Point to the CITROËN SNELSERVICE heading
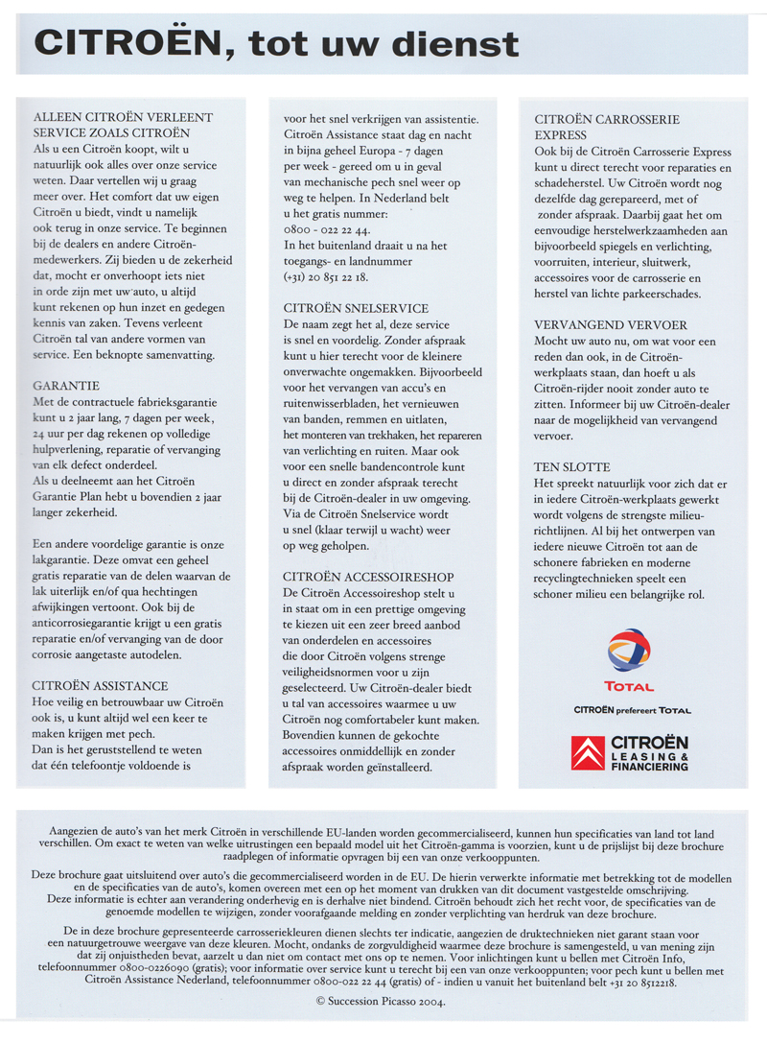(x=355, y=309)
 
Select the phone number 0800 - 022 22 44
(x=329, y=231)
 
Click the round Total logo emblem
(x=628, y=650)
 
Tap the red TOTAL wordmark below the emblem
(x=629, y=687)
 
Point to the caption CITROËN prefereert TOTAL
(x=631, y=710)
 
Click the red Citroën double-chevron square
(x=589, y=753)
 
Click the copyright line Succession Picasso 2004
(x=383, y=1001)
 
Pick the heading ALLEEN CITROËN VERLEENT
(x=123, y=117)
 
